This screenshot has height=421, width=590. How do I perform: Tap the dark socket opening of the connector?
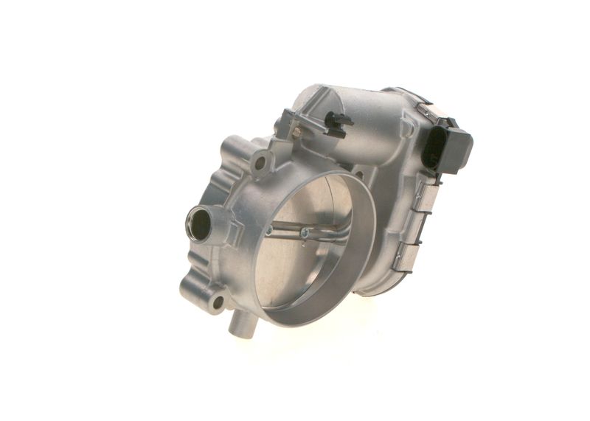click(x=434, y=147)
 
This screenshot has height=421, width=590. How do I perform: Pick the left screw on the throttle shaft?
click(x=269, y=230)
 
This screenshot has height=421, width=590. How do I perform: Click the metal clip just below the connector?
click(x=423, y=198)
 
